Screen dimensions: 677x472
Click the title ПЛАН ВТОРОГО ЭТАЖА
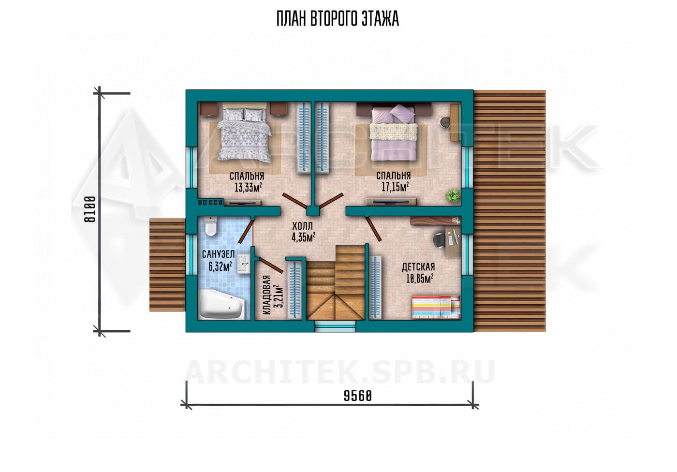tap(338, 19)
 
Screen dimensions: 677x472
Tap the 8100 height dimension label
tap(90, 209)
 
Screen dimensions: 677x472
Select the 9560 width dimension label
tap(357, 396)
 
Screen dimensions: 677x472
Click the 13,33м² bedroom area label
tap(248, 187)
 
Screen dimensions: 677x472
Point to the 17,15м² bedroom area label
tap(395, 187)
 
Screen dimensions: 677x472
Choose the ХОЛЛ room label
tap(302, 226)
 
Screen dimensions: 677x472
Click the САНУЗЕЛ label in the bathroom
tap(218, 254)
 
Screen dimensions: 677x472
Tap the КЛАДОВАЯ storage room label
tap(266, 295)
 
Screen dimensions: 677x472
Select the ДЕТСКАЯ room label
tap(418, 267)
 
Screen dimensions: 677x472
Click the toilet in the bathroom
tap(211, 226)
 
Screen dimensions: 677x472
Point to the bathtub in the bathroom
tap(221, 304)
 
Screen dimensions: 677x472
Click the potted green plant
tap(453, 195)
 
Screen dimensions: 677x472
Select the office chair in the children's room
tap(441, 239)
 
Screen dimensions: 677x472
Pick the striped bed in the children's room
tap(436, 307)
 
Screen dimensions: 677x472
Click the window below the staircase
tap(335, 327)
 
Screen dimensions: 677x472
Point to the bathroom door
tap(246, 232)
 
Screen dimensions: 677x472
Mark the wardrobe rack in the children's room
tap(376, 288)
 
